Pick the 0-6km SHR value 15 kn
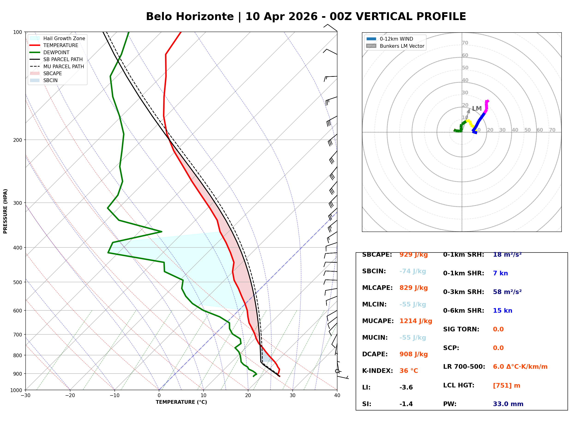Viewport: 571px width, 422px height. pyautogui.click(x=502, y=311)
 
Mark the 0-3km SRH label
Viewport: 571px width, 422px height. pyautogui.click(x=463, y=292)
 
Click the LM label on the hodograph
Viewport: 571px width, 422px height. pyautogui.click(x=477, y=109)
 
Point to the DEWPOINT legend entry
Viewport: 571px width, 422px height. pyautogui.click(x=56, y=52)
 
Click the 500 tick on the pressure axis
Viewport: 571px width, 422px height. pyautogui.click(x=18, y=282)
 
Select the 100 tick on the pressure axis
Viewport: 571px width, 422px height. pyautogui.click(x=18, y=32)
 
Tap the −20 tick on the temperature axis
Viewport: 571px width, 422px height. pyautogui.click(x=70, y=396)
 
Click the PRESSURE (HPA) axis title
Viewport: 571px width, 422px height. pyautogui.click(x=5, y=211)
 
